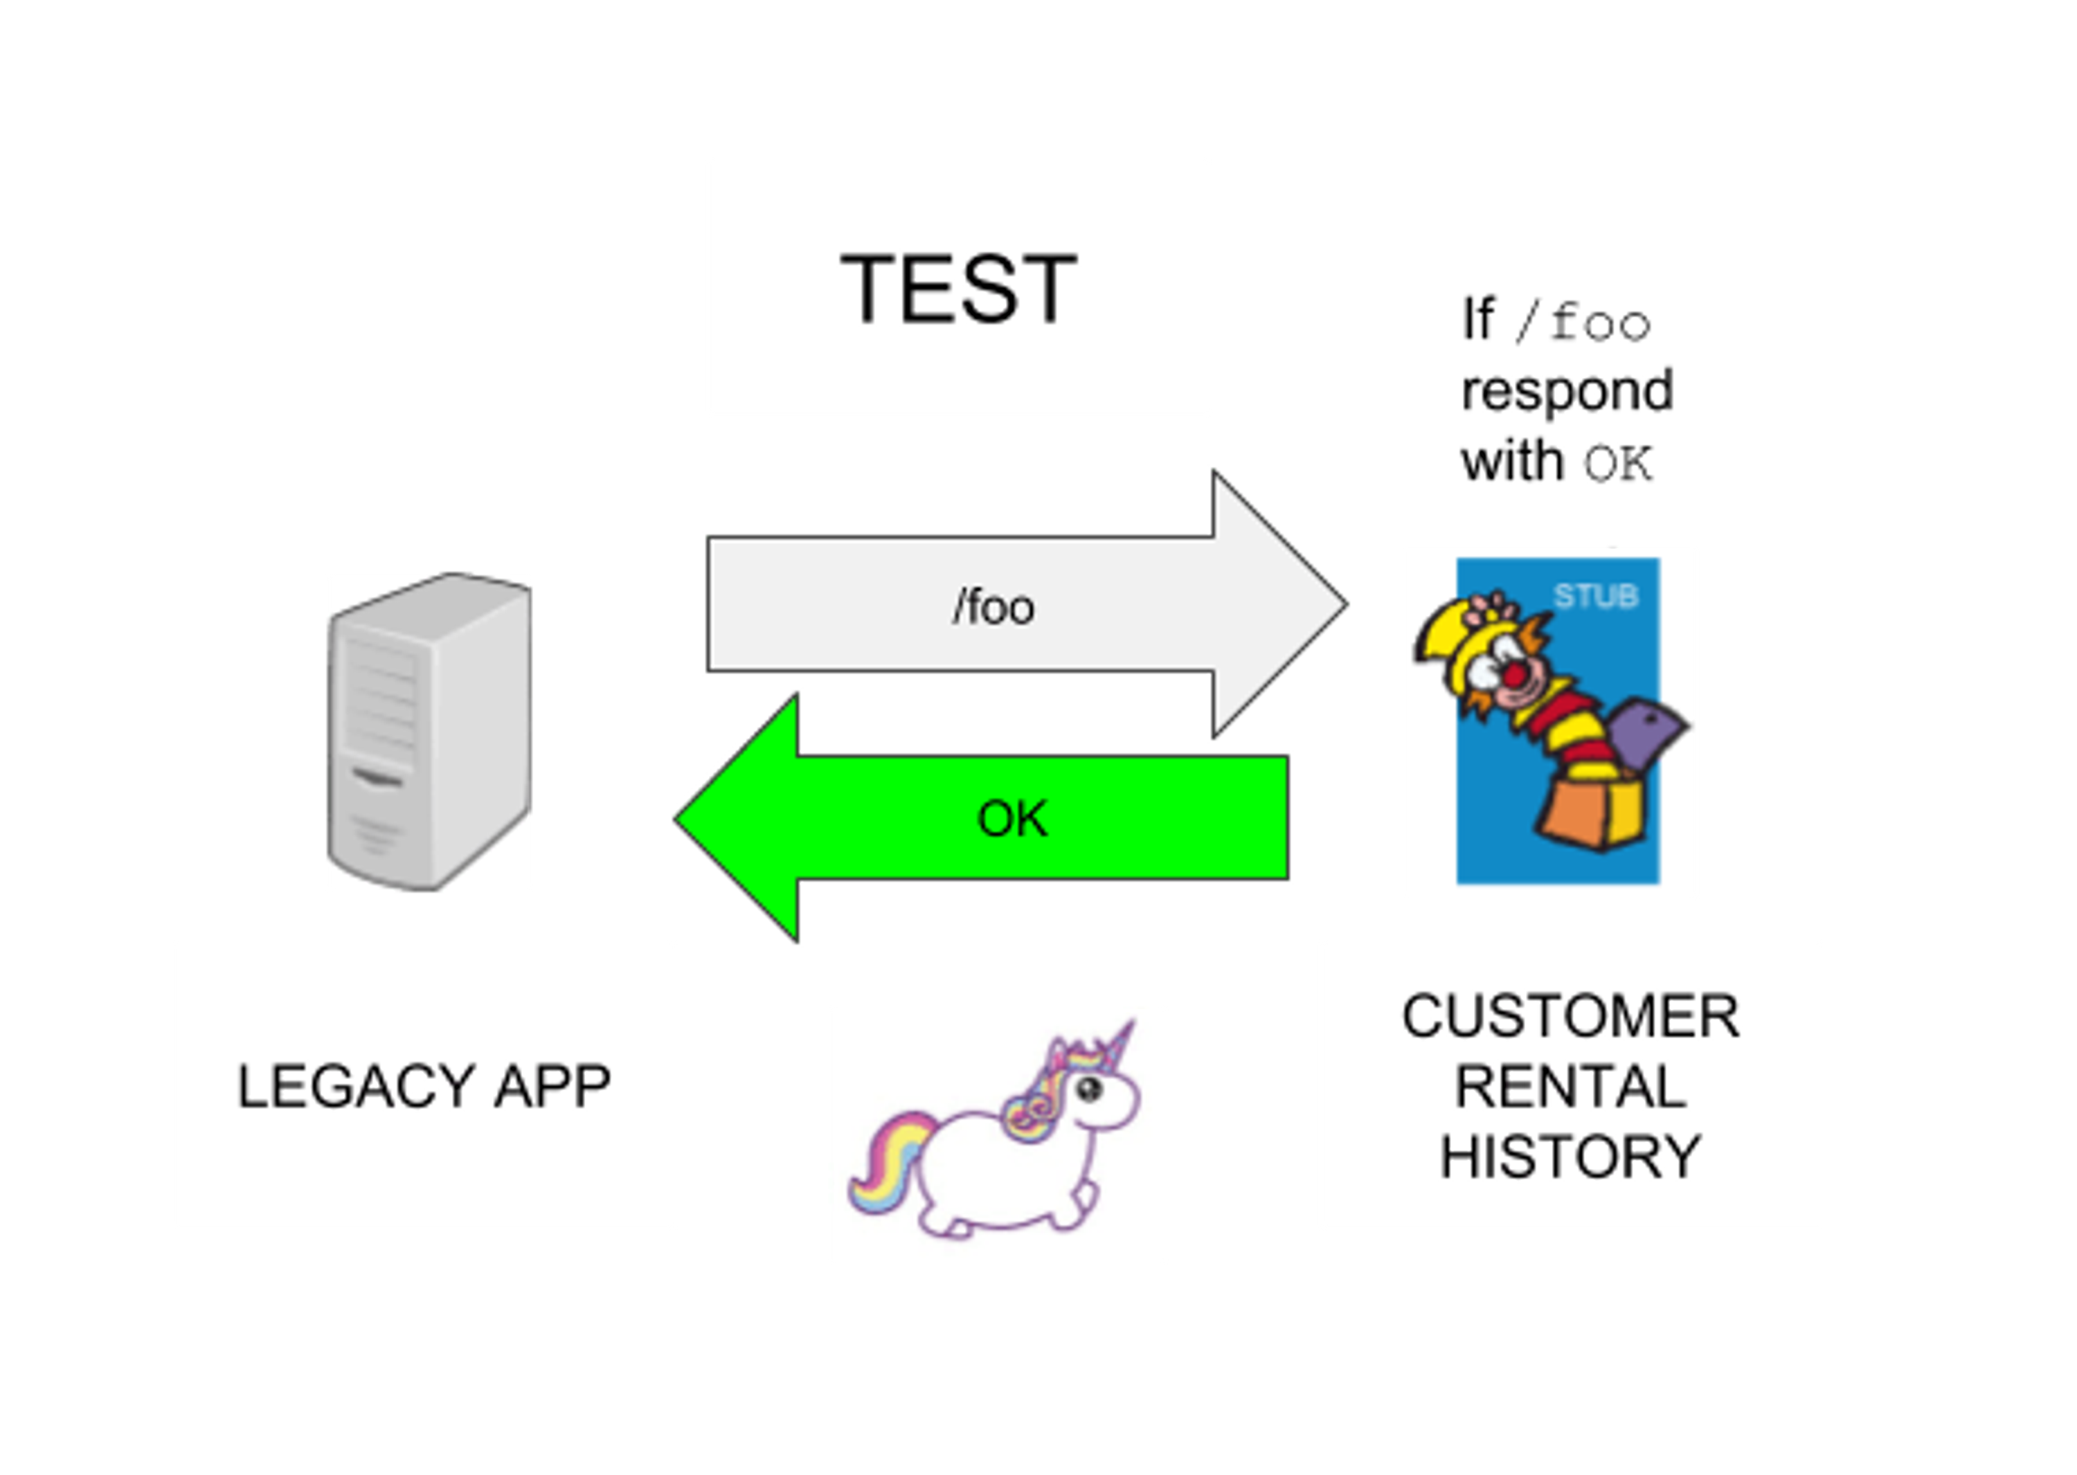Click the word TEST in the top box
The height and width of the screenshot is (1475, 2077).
tap(959, 288)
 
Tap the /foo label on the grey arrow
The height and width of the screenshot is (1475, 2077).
tap(993, 607)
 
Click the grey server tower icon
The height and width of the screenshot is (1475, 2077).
tap(429, 731)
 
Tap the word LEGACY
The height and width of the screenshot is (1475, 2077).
tap(355, 1085)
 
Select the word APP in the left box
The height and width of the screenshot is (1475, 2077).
tap(552, 1085)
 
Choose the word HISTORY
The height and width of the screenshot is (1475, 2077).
tap(1570, 1156)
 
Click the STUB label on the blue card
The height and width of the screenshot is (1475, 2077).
tap(1595, 597)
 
